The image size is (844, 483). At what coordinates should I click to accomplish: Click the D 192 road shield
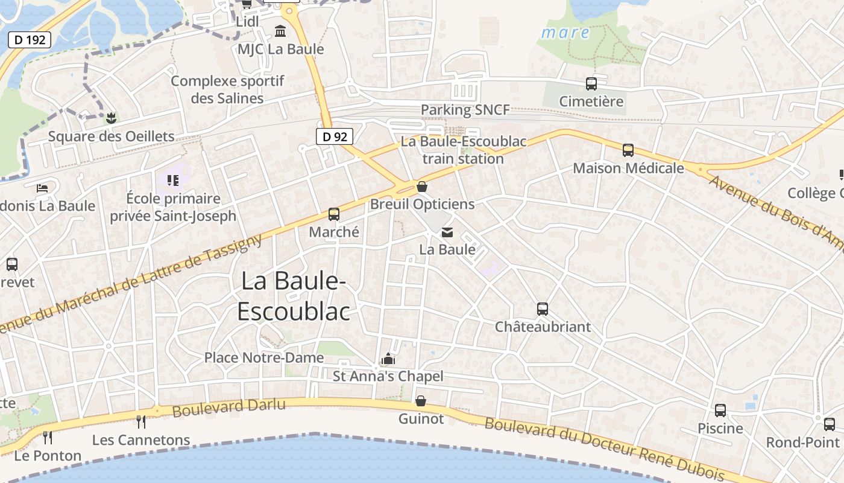29,40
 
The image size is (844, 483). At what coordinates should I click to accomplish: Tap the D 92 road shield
335,136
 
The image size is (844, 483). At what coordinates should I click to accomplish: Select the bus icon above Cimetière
591,84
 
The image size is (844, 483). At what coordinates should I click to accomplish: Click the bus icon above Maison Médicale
628,150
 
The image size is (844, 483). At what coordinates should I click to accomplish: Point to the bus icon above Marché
334,214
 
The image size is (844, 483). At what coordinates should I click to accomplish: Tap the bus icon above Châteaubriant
543,309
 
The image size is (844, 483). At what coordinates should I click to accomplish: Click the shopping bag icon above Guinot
421,401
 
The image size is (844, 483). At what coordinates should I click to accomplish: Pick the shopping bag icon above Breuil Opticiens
422,187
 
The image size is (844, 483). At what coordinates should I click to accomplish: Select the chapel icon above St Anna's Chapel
388,359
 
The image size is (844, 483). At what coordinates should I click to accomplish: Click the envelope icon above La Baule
447,232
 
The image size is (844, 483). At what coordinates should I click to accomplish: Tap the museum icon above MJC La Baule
280,31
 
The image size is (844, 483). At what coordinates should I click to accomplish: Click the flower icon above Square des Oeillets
110,118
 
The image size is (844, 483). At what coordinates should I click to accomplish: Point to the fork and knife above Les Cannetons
141,421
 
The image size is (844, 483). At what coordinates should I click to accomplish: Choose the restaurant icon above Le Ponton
48,437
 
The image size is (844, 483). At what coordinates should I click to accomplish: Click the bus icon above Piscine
720,411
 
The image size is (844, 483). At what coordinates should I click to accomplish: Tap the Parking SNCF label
465,110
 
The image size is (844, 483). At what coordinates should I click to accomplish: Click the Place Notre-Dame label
264,357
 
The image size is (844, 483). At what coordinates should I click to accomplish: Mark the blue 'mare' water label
565,33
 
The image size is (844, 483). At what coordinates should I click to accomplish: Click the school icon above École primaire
173,181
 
